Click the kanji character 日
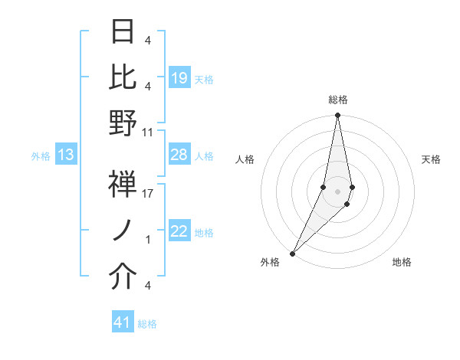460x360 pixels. [x=123, y=31]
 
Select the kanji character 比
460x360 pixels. [x=123, y=77]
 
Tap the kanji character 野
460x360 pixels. [x=123, y=124]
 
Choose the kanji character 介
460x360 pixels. [x=123, y=278]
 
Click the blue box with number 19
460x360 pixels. [x=179, y=78]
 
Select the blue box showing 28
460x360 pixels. [x=179, y=155]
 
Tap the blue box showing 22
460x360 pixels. [x=179, y=232]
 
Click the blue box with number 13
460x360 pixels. [x=66, y=155]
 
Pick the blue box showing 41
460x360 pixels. [x=123, y=322]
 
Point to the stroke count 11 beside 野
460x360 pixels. [x=148, y=132]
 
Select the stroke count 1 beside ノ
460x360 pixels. [x=148, y=240]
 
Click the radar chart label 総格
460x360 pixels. [x=337, y=100]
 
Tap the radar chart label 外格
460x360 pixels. [x=270, y=262]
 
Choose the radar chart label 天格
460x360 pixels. [x=431, y=159]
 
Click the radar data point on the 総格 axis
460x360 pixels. [x=337, y=116]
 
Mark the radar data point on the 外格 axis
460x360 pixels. [x=293, y=253]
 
